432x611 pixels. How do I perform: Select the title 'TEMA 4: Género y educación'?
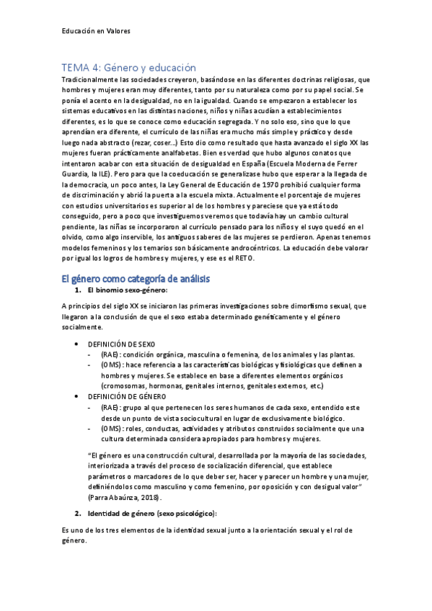128,66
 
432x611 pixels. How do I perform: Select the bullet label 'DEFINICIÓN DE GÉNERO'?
126,397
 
